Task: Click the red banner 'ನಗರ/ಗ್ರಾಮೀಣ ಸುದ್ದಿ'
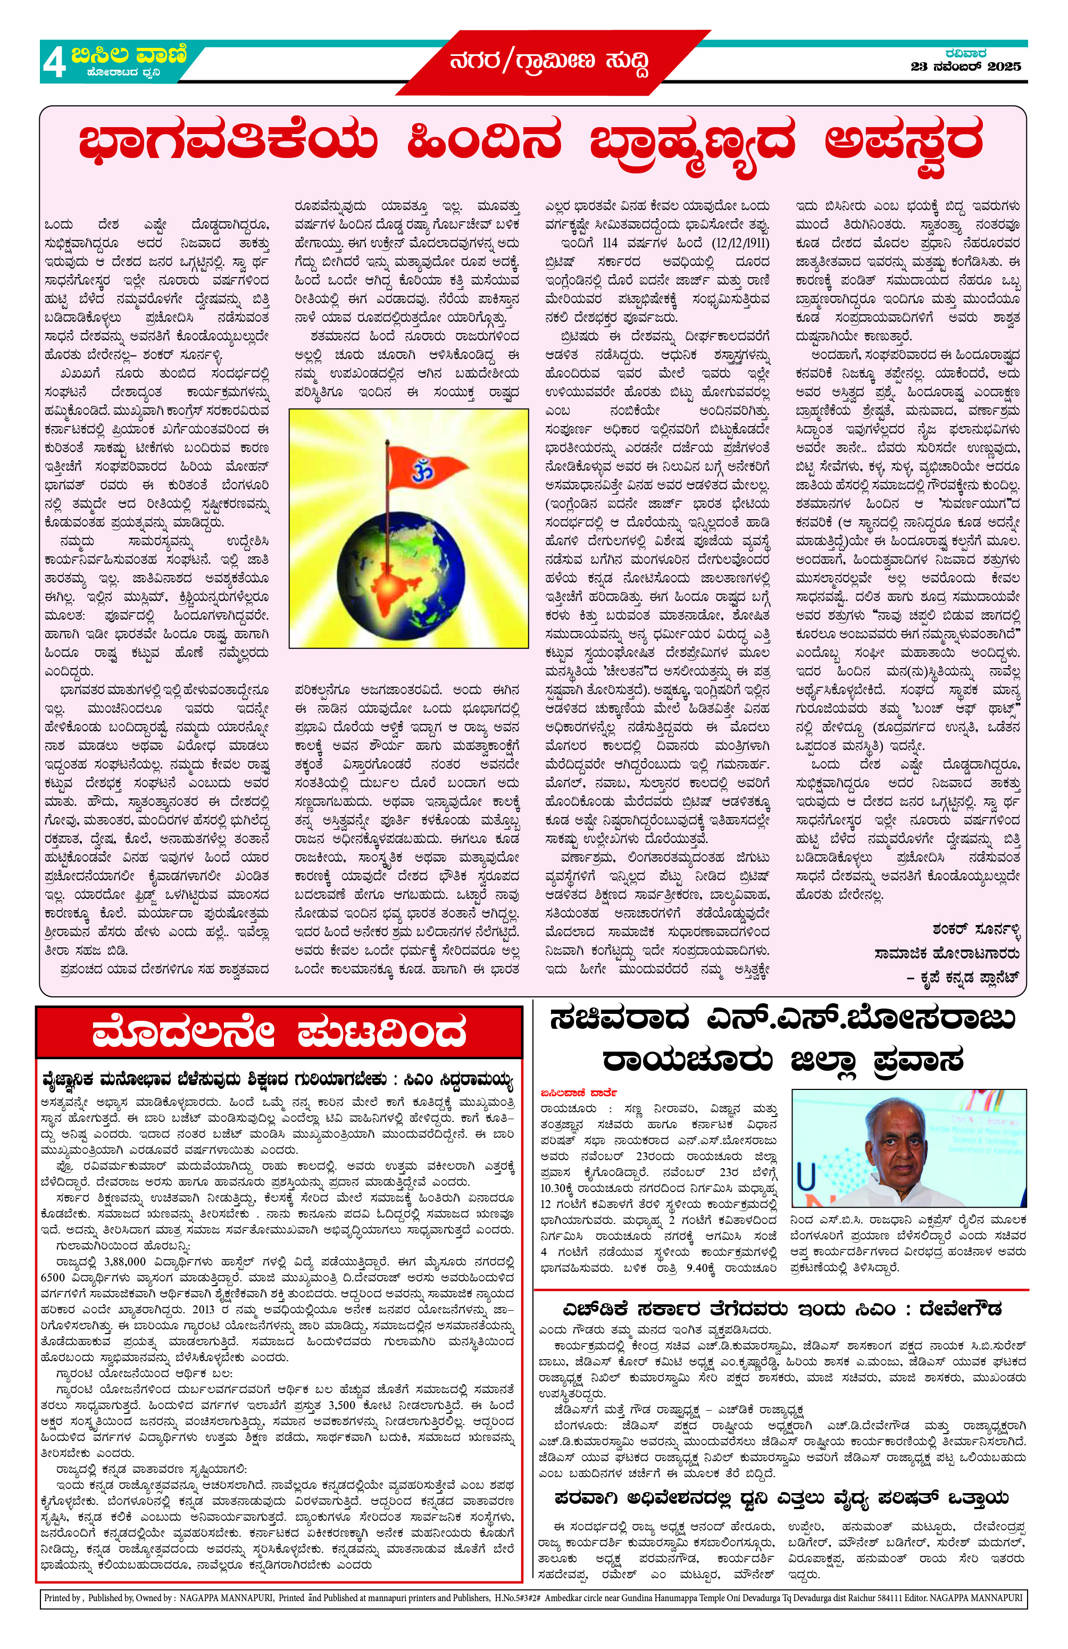pos(549,63)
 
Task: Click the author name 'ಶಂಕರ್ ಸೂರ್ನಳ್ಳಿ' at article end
pos(976,929)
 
